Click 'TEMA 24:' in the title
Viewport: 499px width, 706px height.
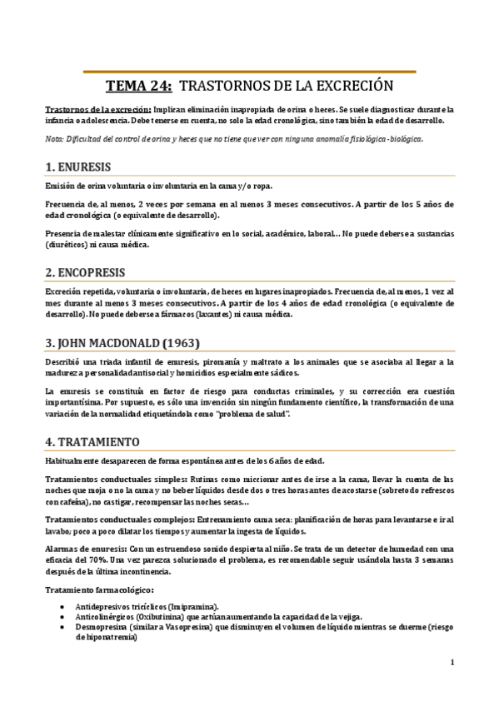click(139, 86)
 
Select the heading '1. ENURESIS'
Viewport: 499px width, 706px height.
click(78, 167)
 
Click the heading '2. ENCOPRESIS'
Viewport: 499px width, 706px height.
click(85, 272)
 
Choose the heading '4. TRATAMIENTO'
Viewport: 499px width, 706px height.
click(92, 441)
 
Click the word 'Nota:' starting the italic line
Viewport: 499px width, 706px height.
click(54, 138)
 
